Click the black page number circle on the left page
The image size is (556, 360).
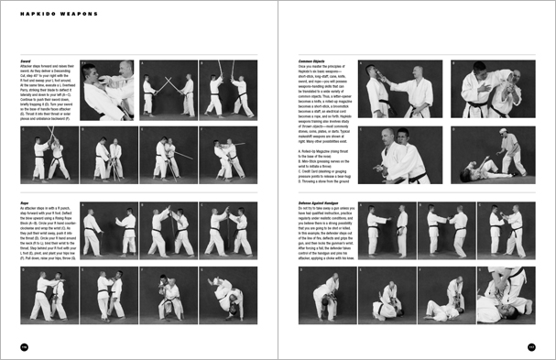(x=25, y=346)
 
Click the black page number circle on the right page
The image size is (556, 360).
(x=530, y=346)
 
